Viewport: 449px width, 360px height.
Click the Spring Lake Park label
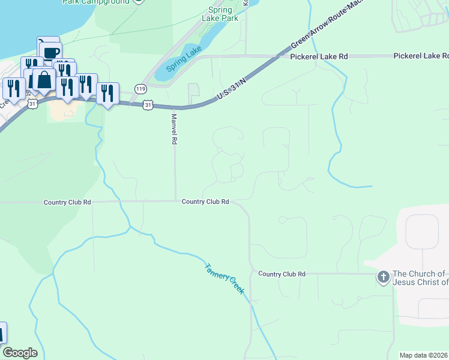pos(223,14)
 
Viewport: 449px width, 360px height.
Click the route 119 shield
pos(140,89)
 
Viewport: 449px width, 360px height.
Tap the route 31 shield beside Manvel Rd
pos(148,105)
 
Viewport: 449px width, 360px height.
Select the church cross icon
pos(382,277)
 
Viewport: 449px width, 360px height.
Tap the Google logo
pos(20,353)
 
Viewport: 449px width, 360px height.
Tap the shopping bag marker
pos(44,79)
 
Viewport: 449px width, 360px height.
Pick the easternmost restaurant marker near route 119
pos(107,93)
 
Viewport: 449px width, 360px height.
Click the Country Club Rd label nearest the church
pos(282,274)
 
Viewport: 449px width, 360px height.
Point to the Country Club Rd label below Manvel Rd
pos(205,202)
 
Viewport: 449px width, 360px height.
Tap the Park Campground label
pos(96,2)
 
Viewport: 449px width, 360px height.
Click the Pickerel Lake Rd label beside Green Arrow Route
pos(319,56)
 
